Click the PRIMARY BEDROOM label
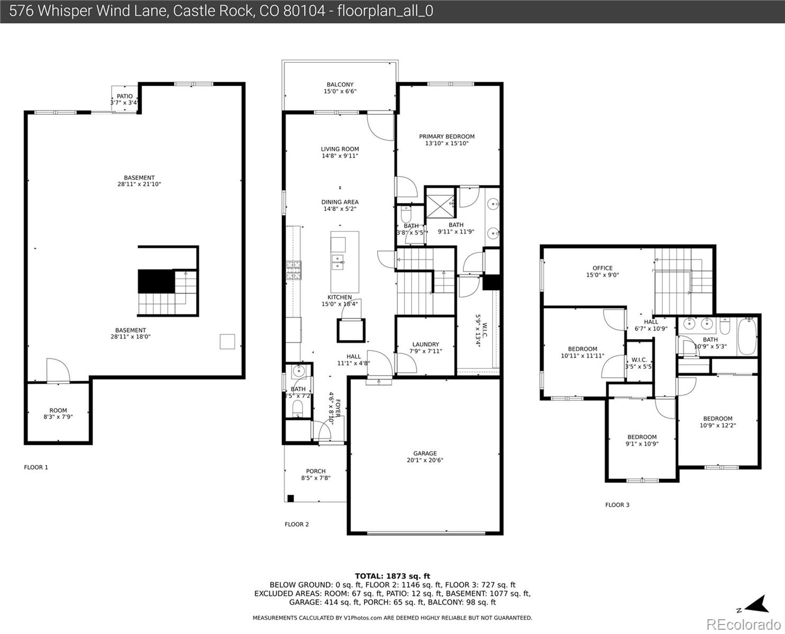click(446, 136)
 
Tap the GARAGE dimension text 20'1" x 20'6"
click(425, 460)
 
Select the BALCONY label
click(340, 85)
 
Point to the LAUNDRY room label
click(425, 344)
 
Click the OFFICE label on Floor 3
click(602, 268)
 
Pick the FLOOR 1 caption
click(36, 467)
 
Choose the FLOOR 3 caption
click(617, 505)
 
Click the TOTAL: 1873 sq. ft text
click(392, 576)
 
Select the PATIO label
click(125, 96)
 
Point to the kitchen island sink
click(337, 259)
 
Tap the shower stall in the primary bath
click(440, 202)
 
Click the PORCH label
click(316, 471)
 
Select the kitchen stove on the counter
click(293, 270)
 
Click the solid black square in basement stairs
click(156, 281)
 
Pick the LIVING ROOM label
click(340, 149)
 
